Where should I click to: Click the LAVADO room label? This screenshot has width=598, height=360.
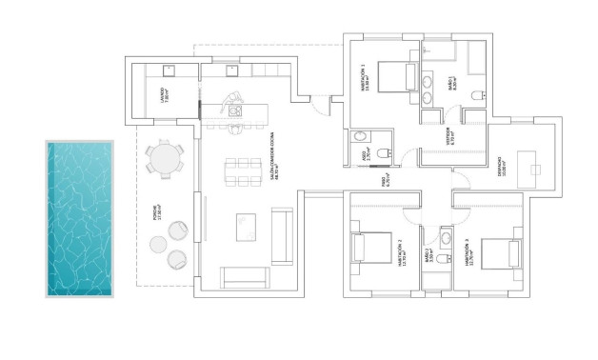tap(164, 94)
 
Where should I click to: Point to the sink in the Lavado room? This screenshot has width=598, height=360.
tap(168, 69)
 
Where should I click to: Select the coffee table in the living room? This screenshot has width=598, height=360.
tap(247, 227)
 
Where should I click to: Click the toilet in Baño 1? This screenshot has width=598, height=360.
tap(479, 92)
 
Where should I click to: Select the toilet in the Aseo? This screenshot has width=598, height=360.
tap(385, 154)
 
